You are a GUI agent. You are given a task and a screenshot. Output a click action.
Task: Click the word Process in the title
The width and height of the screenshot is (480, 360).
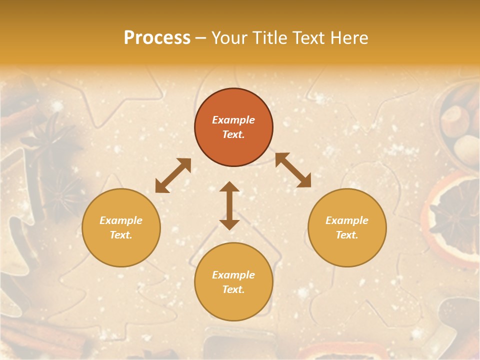click(157, 38)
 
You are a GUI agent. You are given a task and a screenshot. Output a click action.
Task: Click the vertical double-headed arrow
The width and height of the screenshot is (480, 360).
click(229, 205)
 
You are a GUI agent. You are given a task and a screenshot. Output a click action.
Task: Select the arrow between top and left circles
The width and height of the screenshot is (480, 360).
click(173, 175)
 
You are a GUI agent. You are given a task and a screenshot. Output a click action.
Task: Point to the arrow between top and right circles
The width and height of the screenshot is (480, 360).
click(293, 170)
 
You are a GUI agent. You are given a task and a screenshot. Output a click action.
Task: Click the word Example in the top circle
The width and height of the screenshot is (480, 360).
click(233, 120)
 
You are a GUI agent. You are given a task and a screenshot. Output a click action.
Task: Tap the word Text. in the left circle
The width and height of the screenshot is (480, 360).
click(121, 235)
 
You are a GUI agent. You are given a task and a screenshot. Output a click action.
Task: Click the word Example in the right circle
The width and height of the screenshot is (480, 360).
click(347, 220)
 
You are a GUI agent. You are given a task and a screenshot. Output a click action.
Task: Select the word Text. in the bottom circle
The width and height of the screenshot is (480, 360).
click(233, 289)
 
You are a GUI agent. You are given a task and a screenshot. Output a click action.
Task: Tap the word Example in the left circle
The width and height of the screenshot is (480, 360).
click(121, 220)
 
